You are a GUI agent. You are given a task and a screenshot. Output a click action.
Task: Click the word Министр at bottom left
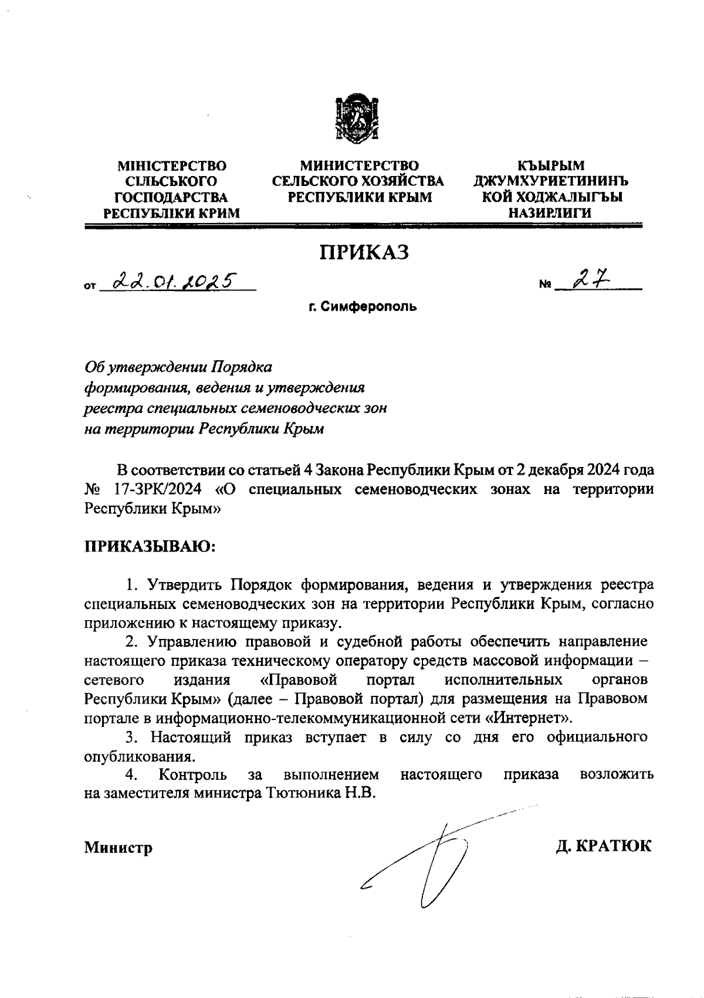coord(118,847)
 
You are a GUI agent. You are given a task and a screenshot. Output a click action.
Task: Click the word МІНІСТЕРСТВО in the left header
coord(172,166)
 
